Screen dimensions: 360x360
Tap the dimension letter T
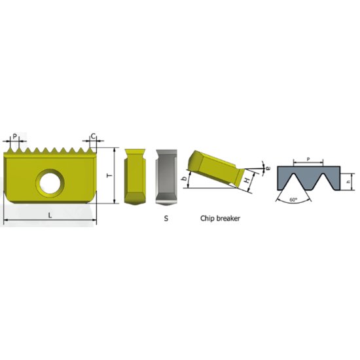point(107,175)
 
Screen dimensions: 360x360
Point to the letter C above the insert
point(93,137)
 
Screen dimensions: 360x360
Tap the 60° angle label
point(293,199)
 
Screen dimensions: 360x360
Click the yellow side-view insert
point(135,175)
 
